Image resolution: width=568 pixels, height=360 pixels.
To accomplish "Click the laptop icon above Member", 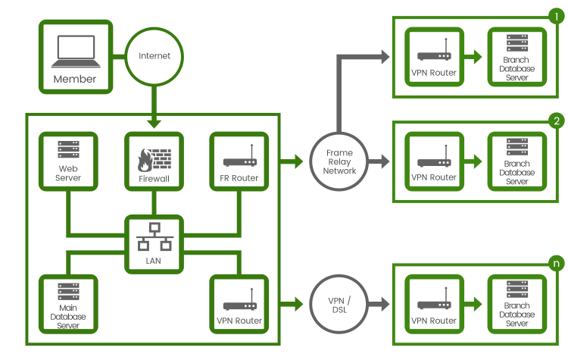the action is pos(76,51).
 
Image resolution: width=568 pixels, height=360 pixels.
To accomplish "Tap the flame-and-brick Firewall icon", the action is pos(154,159).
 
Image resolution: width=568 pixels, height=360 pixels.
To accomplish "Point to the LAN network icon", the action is pos(154,236).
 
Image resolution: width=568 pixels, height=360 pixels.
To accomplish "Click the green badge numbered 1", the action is pos(557,17).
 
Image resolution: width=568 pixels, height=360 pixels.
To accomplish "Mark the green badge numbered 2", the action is pos(557,121).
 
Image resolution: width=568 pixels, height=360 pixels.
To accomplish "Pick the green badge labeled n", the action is pos(557,263).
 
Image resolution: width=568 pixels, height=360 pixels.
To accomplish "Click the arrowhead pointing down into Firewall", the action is pos(154,124).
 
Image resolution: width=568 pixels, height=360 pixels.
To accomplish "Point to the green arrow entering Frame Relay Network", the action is pos(292,161).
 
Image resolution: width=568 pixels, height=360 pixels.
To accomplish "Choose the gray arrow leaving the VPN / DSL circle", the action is pos(379,304).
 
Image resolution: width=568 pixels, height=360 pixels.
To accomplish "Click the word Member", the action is pos(75,79).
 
